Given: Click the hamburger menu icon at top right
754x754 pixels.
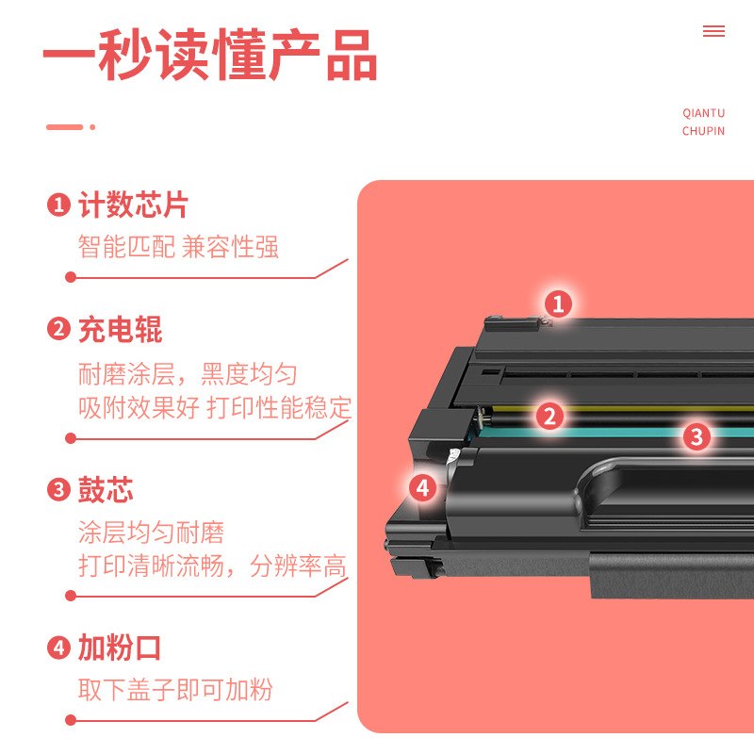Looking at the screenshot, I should point(713,31).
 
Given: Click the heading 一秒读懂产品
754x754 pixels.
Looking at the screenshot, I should point(210,56).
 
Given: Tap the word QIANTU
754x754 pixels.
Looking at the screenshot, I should point(703,113).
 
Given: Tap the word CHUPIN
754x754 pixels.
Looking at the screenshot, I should point(703,131).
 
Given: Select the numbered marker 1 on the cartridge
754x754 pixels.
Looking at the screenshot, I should point(558,303).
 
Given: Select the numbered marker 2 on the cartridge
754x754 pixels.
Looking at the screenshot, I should point(550,416).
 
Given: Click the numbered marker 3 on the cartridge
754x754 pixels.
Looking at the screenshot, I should point(697,435).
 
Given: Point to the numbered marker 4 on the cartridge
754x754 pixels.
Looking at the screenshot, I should point(422,487).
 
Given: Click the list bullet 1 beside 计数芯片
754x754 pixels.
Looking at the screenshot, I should point(58,205).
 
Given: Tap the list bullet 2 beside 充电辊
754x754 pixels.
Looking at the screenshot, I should point(58,330).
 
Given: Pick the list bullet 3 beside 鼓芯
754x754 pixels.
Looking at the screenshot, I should point(58,490).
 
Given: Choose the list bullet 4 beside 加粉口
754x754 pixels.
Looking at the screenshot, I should point(58,648).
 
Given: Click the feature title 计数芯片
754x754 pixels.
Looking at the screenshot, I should point(133,205).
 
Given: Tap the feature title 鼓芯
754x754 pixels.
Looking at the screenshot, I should point(106,490).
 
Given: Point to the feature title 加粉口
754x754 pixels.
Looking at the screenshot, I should point(120,648).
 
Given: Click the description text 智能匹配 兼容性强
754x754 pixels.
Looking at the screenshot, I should point(178,248).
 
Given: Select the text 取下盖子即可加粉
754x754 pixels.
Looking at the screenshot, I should point(175,689).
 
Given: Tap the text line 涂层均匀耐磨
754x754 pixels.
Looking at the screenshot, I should point(151,533).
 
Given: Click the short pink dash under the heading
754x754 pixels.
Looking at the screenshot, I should point(65,127).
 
